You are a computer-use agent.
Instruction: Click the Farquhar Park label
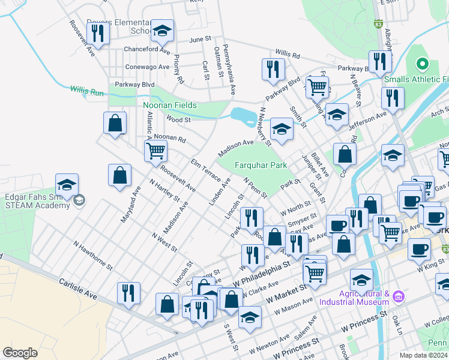261,165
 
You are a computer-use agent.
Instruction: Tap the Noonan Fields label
170,106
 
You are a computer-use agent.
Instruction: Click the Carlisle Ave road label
78,288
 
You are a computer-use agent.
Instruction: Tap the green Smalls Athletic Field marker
422,63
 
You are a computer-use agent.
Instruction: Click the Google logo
20,353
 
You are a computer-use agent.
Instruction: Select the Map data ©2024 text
423,355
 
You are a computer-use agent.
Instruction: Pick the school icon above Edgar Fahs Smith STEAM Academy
67,184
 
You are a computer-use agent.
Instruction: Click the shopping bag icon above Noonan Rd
115,123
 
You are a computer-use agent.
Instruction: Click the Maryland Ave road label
130,205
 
